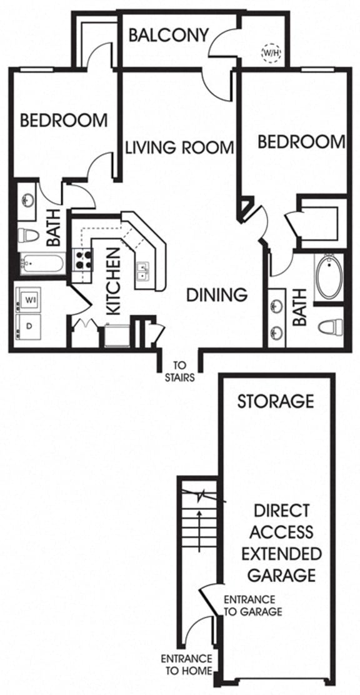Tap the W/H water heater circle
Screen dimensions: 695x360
[x=271, y=53]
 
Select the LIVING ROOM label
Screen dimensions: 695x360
[x=179, y=148]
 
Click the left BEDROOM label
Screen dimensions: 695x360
[x=63, y=120]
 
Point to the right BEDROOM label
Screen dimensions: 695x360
[x=301, y=142]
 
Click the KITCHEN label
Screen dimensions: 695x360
[x=112, y=281]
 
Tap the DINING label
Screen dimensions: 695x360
[x=217, y=294]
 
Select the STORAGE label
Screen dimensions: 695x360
[x=275, y=401]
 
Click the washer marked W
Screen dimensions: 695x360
[x=29, y=300]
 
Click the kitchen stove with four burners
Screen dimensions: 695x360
[x=82, y=259]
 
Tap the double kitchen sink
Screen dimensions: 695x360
[x=143, y=272]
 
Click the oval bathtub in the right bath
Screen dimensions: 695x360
[x=329, y=277]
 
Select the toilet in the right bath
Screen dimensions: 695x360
[x=330, y=326]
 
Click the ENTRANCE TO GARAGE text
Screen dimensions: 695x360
[x=252, y=605]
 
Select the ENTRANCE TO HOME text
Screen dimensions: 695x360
[x=186, y=664]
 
